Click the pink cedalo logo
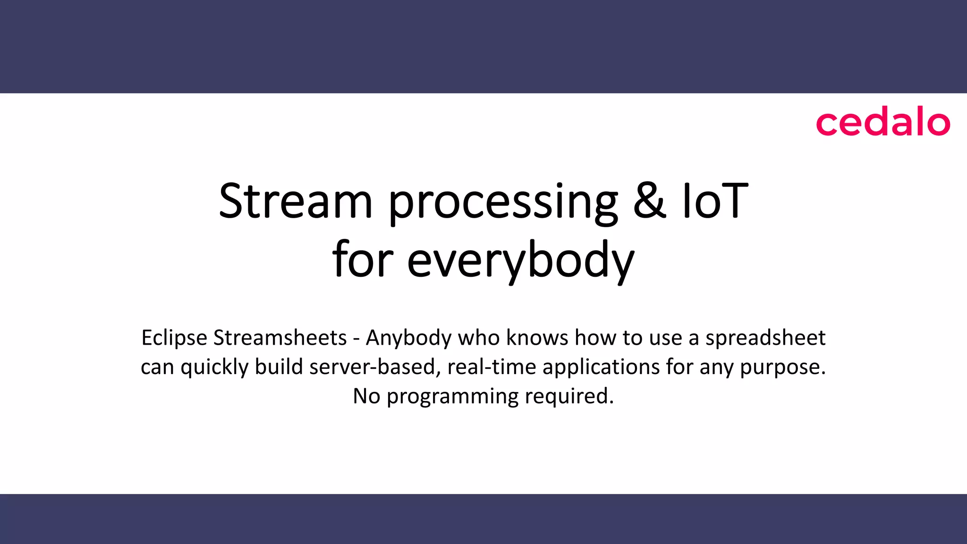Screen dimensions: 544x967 (x=882, y=123)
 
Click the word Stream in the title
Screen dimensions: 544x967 (x=296, y=202)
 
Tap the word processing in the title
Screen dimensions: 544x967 (x=503, y=203)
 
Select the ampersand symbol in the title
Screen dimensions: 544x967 (x=649, y=202)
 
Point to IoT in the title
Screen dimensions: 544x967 (x=715, y=202)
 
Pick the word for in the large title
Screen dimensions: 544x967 (x=363, y=260)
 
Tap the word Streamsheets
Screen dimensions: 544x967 (x=280, y=338)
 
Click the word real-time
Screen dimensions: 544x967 (x=492, y=367)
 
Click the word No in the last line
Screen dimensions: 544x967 (x=366, y=396)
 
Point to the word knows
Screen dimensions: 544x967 (x=537, y=338)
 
